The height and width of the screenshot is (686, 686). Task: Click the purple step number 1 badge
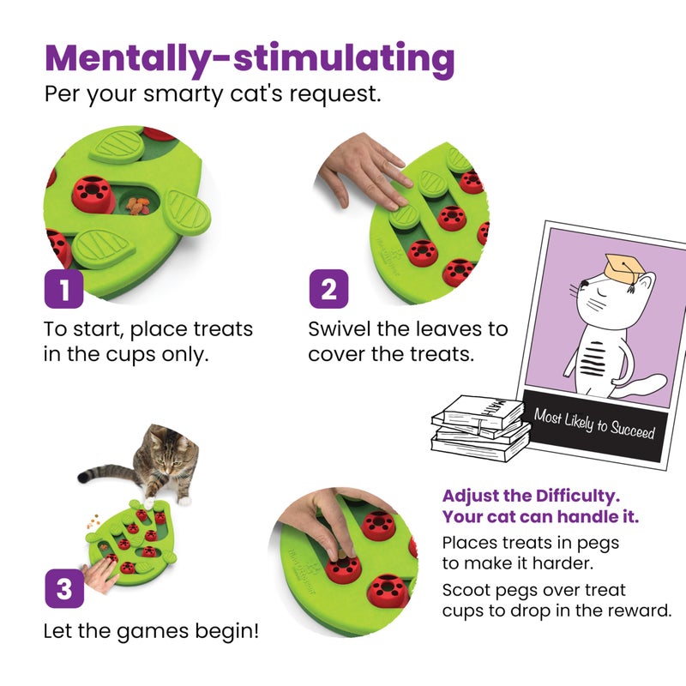click(x=63, y=289)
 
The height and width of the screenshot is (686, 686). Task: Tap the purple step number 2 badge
click(x=328, y=289)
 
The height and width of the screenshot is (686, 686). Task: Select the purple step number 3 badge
click(x=63, y=589)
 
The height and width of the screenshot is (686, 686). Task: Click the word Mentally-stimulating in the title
click(x=250, y=58)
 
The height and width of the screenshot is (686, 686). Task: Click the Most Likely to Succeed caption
click(x=593, y=424)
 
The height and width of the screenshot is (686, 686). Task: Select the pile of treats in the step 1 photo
click(x=137, y=205)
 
